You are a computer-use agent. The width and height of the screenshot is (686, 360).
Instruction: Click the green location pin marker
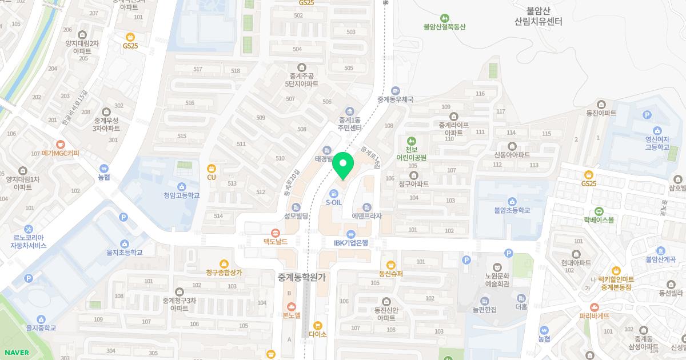[x=343, y=165]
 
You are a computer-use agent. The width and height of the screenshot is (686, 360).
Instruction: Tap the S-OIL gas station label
[x=333, y=202]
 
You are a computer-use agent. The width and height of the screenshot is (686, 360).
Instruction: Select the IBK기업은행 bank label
[x=351, y=242]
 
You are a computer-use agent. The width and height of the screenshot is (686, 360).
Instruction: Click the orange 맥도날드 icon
[x=276, y=233]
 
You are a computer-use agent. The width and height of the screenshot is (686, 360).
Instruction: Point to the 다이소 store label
[x=317, y=334]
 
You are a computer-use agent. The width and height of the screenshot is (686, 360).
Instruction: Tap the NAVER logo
[x=16, y=353]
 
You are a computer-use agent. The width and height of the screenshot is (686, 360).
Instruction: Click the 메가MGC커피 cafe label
[x=61, y=153]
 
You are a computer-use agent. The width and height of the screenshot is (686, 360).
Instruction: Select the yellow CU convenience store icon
[x=211, y=168]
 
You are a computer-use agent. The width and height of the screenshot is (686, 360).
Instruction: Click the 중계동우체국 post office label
[x=395, y=99]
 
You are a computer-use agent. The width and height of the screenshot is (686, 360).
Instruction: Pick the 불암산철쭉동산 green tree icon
[x=445, y=18]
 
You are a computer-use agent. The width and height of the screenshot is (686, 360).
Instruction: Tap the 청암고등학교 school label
[x=181, y=195]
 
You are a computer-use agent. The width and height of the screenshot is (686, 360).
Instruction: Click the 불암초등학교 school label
[x=512, y=210]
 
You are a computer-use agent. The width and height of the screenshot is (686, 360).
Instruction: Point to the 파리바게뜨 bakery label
[x=594, y=315]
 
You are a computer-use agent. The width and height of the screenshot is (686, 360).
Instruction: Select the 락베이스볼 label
[x=599, y=219]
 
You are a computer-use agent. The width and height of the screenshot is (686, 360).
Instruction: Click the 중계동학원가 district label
[x=301, y=277]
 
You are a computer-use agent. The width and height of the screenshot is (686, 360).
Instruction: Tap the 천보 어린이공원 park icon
[x=411, y=141]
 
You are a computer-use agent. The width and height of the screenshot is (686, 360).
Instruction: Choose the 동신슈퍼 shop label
[x=391, y=273]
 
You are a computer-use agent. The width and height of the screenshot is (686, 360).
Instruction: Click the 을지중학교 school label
[x=41, y=327]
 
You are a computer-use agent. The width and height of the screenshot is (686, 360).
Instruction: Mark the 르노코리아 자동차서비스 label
[x=28, y=241]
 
